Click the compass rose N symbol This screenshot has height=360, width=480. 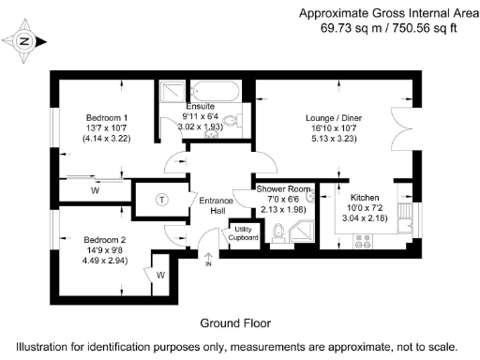coord(25,41)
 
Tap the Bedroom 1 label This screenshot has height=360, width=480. coord(107,116)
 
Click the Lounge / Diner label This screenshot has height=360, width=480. coord(331,118)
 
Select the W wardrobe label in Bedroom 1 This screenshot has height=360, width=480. coord(95,190)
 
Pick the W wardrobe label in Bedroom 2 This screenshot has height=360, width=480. coord(160,275)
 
